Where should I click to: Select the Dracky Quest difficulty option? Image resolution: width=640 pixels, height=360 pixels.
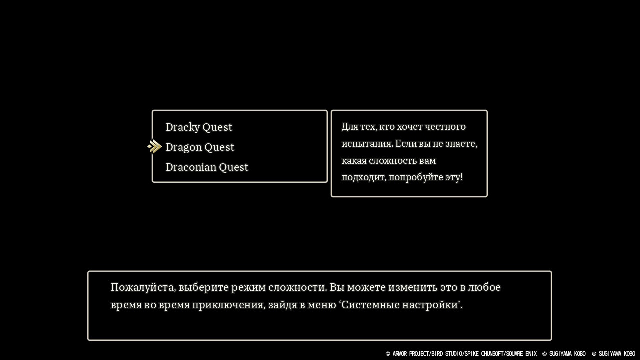pos(199,127)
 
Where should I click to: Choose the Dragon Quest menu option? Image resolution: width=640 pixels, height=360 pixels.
pos(200,147)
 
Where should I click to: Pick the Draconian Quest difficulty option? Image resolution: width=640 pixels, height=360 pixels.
pos(207,167)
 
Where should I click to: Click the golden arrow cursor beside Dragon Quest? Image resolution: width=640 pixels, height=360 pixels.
pos(155,147)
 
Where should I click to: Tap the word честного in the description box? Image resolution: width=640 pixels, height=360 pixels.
pos(445,126)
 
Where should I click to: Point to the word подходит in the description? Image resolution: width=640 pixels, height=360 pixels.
pos(363,177)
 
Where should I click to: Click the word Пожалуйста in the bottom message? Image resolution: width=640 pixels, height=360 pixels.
pos(143,287)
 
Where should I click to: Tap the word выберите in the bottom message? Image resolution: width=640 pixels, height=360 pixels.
pos(203,287)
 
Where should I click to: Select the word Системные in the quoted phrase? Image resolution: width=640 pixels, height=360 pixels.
pos(370,305)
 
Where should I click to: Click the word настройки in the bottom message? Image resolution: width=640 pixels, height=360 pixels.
pos(430,305)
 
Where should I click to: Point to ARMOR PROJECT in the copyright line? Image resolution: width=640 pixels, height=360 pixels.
pos(411,354)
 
